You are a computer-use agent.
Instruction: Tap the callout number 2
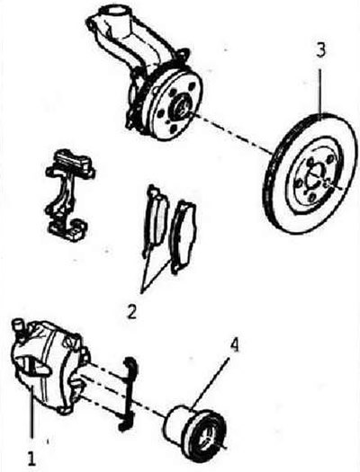[x=131, y=311]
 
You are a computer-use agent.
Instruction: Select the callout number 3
[x=320, y=51]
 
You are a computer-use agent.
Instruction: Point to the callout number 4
[x=234, y=345]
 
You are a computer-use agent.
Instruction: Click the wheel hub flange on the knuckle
[x=176, y=104]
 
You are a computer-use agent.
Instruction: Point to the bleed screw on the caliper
[x=20, y=325]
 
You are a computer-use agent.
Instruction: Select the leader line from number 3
[x=320, y=94]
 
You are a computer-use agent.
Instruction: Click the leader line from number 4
[x=209, y=383]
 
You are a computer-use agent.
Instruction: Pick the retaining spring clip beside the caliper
[x=128, y=395]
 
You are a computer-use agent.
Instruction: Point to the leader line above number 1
[x=31, y=418]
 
